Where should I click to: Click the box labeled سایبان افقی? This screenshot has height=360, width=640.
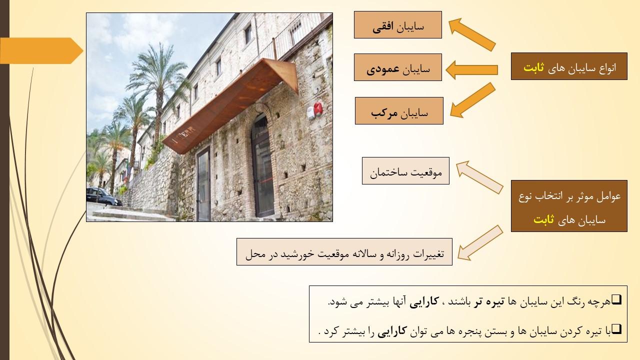pos(397,25)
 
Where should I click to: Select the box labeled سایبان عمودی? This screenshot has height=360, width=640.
pos(397,67)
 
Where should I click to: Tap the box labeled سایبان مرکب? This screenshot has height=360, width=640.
pos(399,111)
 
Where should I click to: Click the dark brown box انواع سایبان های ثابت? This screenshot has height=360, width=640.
pos(569,66)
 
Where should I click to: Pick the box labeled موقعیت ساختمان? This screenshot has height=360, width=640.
pos(405,171)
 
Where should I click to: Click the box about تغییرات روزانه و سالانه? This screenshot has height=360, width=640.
pos(344,251)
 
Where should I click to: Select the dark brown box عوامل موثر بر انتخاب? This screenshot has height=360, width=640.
pos(569,206)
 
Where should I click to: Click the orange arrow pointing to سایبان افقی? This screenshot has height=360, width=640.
pos(471,34)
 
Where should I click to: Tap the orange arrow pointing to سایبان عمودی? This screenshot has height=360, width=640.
pos(471,70)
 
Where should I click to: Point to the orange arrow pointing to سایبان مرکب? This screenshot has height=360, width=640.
pos(472,100)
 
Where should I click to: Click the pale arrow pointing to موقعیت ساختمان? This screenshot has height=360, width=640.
pos(479,177)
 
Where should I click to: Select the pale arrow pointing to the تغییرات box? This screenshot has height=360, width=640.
pos(480,243)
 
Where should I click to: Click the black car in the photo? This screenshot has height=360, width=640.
pos(103,196)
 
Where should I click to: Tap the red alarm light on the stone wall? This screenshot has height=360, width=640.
pos(317,109)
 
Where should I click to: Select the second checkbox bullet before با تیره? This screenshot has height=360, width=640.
pos(617,329)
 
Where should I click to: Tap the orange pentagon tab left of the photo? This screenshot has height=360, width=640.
pos(41,51)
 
